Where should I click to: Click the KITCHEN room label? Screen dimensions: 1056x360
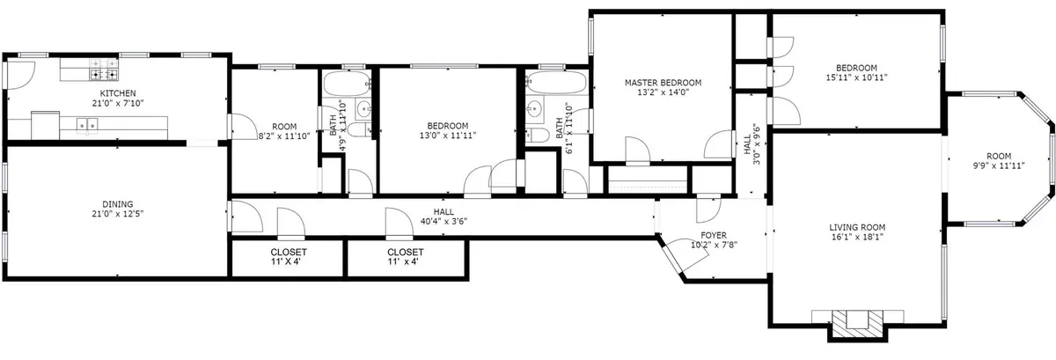pyautogui.click(x=118, y=93)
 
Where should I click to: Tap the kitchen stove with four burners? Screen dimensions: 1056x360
pyautogui.click(x=104, y=69)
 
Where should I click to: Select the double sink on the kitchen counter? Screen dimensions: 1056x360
pyautogui.click(x=87, y=125)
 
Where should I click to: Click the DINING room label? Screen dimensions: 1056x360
pyautogui.click(x=118, y=204)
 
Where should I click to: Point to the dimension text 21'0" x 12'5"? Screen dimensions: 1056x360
pyautogui.click(x=118, y=214)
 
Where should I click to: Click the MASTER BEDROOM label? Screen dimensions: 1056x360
pyautogui.click(x=663, y=83)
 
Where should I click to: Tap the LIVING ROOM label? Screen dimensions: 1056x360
pyautogui.click(x=857, y=227)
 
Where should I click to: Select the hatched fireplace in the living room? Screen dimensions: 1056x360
pyautogui.click(x=857, y=325)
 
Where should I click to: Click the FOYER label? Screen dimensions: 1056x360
pyautogui.click(x=714, y=235)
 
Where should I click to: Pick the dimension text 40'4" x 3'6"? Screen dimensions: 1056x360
pyautogui.click(x=444, y=221)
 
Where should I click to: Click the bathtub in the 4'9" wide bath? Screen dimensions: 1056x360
pyautogui.click(x=347, y=83)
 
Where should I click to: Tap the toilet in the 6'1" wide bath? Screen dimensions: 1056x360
pyautogui.click(x=538, y=136)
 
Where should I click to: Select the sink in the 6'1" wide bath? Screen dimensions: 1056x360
pyautogui.click(x=535, y=108)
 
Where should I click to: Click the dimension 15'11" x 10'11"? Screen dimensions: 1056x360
pyautogui.click(x=856, y=77)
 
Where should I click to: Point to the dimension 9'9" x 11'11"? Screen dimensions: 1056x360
pyautogui.click(x=999, y=165)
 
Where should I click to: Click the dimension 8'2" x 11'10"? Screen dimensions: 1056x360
pyautogui.click(x=284, y=136)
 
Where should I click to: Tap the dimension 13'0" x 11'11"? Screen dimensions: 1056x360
pyautogui.click(x=448, y=136)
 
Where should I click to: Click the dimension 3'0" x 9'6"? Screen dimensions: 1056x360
pyautogui.click(x=757, y=143)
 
